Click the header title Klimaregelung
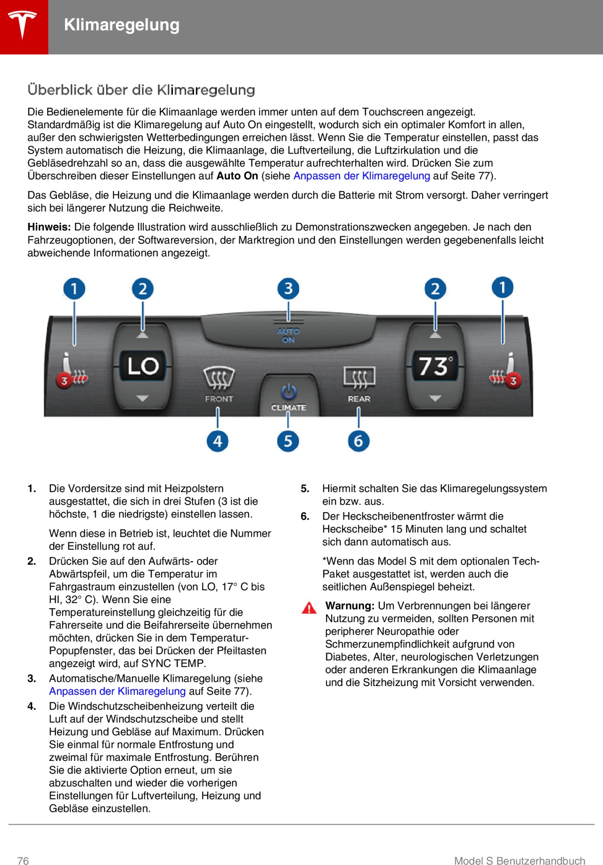122,25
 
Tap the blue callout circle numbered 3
288,288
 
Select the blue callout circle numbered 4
217,441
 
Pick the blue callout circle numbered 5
288,441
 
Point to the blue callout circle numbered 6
358,441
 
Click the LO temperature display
143,366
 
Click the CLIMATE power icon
288,392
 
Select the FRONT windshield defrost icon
219,378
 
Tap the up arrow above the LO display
142,335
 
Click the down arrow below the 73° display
435,399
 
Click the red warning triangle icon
309,608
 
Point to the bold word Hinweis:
49,227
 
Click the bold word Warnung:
350,606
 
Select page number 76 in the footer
23,861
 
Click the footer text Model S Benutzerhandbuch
519,861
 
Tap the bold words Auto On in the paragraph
237,176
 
